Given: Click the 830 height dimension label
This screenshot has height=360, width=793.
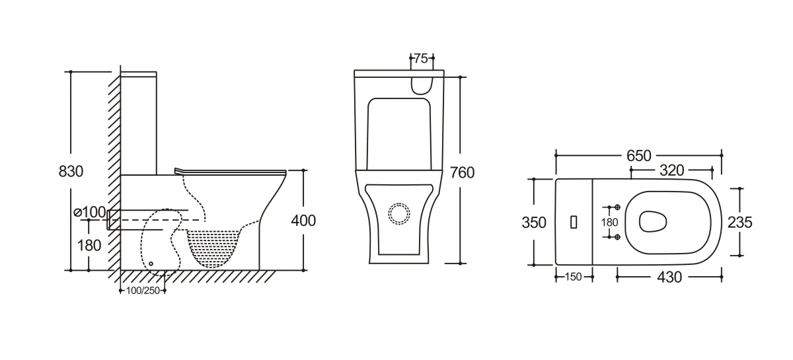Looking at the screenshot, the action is [71, 171].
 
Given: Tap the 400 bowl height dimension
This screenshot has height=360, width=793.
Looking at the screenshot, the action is [303, 221].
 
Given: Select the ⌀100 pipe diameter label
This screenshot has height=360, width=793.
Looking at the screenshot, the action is [90, 212].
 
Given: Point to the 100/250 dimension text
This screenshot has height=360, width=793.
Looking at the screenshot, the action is [143, 291].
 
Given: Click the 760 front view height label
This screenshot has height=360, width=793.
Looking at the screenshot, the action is [462, 173].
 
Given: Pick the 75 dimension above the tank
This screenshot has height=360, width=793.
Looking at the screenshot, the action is [421, 58].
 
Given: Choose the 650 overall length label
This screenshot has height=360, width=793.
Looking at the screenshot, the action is [638, 156].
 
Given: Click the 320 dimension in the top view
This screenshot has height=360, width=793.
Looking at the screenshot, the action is [671, 170].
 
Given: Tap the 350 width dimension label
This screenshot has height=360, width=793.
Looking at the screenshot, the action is [534, 223].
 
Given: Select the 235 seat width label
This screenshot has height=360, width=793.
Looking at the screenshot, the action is [739, 223].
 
